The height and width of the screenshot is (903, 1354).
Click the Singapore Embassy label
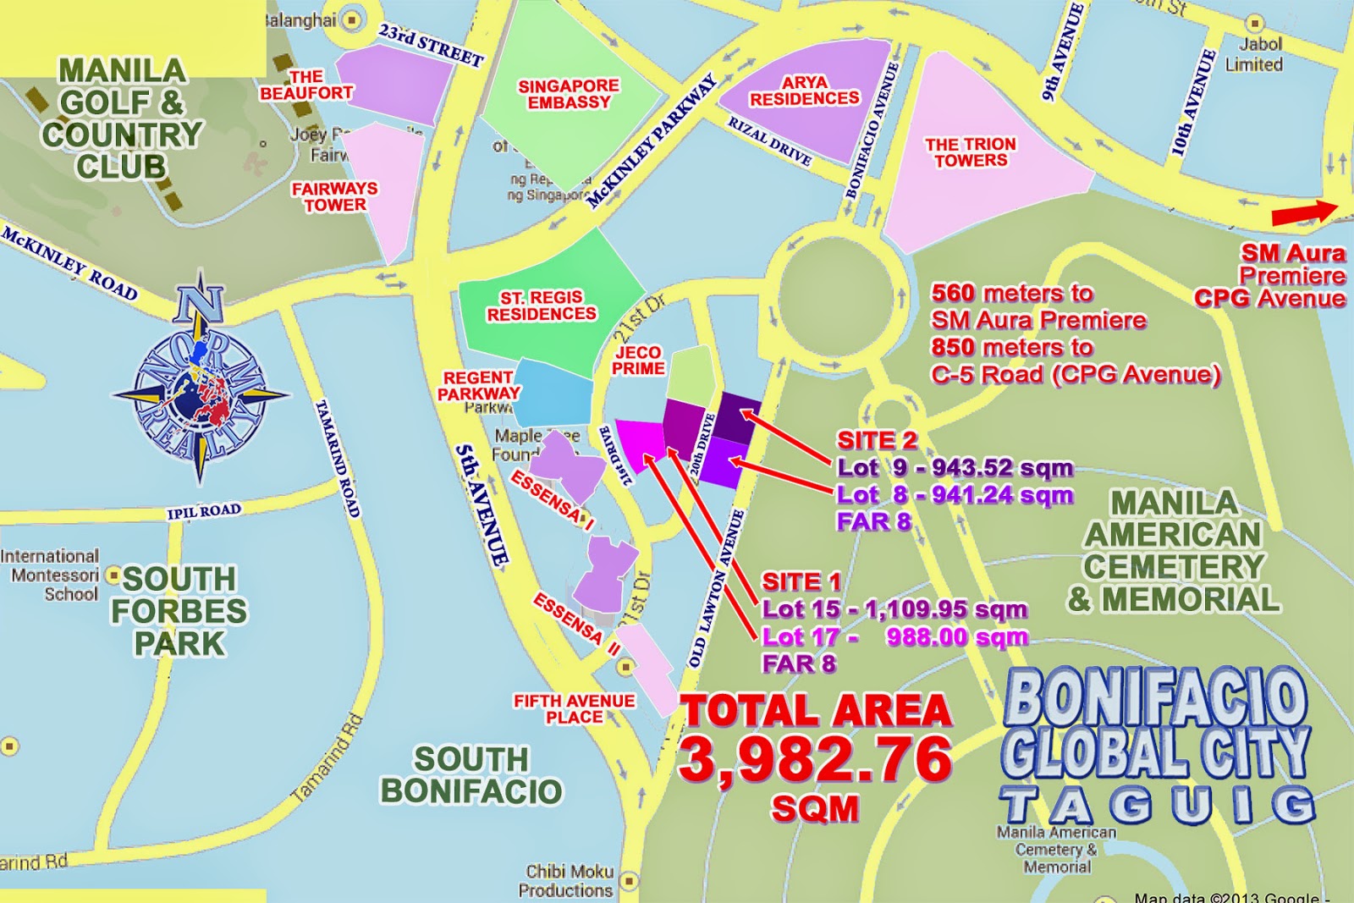[x=569, y=94]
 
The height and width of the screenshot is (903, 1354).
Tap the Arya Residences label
[x=804, y=91]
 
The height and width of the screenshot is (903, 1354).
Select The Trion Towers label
[x=971, y=152]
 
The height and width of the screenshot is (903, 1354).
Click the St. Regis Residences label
[x=542, y=306]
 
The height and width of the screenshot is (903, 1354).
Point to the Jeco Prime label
[x=638, y=360]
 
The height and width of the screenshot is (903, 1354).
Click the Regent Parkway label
[x=478, y=385]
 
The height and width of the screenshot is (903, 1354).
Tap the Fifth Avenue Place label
[x=574, y=709]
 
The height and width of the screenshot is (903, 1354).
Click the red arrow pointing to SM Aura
[x=1304, y=213]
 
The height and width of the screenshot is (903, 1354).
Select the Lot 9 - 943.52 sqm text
[x=955, y=468]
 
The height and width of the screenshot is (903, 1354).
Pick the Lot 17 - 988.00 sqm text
[x=894, y=636]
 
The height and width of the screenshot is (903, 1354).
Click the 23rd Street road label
[x=431, y=45]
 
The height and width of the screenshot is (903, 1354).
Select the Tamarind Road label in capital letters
[x=338, y=458]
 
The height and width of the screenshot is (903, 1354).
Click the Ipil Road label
[x=204, y=511]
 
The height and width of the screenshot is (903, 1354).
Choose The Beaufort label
[x=305, y=85]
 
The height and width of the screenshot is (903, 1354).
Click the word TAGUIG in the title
[x=1157, y=806]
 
